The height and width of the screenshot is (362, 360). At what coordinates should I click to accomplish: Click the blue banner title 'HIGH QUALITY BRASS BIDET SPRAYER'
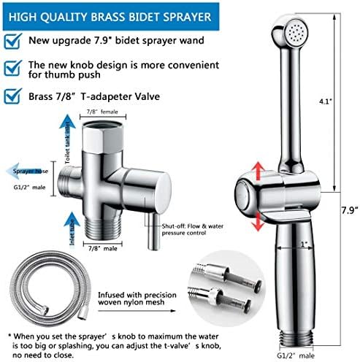[x=110, y=17]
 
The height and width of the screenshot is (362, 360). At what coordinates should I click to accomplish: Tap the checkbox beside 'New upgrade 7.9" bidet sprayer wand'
[x=12, y=41]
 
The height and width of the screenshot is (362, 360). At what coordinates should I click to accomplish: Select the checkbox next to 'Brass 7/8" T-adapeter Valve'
[x=12, y=96]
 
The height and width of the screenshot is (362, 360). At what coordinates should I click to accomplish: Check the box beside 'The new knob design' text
[x=12, y=68]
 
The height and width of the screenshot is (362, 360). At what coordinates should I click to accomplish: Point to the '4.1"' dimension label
[x=326, y=101]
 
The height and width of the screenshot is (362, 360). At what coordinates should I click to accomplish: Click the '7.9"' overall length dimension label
[x=349, y=210]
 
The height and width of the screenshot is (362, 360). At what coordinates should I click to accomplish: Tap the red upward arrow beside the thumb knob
[x=258, y=172]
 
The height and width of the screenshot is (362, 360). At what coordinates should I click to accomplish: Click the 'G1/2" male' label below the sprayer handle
[x=296, y=355]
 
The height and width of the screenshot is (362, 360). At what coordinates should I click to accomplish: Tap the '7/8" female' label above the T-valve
[x=102, y=112]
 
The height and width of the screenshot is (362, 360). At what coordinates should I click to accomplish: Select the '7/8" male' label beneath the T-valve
[x=103, y=248]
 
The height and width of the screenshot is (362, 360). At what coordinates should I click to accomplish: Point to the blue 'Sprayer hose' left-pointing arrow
[x=27, y=171]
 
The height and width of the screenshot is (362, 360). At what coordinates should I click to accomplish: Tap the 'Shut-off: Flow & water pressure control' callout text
[x=193, y=229]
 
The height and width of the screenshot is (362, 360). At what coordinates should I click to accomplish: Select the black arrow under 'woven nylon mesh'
[x=137, y=311]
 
